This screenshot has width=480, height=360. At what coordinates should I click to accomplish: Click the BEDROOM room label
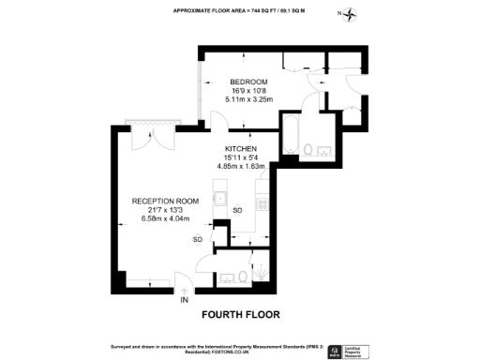tap(249, 82)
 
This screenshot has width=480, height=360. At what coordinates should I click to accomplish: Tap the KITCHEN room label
tap(242, 149)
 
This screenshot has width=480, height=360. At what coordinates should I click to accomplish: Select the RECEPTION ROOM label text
tap(165, 201)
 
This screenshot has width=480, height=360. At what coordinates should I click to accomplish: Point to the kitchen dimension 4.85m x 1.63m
tap(242, 167)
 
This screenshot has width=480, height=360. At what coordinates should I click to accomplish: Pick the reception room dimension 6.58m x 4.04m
tap(165, 218)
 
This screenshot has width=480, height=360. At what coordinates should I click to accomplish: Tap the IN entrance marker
tap(185, 299)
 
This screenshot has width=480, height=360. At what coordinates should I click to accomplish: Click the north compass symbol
tap(351, 14)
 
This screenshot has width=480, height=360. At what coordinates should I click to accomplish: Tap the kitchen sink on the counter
tap(218, 197)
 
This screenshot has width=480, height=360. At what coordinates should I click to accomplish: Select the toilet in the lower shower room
tap(243, 276)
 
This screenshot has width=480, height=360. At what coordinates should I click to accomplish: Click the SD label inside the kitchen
tap(237, 210)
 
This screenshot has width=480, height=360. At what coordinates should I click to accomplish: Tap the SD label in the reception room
tap(198, 240)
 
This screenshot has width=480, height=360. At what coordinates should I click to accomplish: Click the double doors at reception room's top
tap(151, 138)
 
